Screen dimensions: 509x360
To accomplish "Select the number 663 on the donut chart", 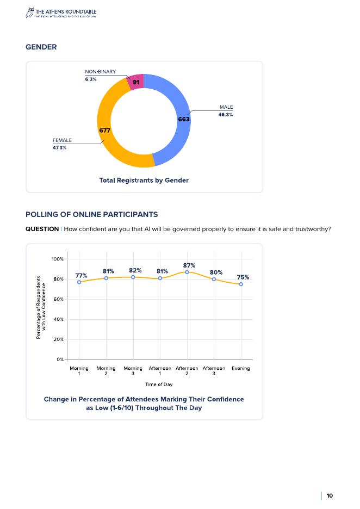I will pos(184,119).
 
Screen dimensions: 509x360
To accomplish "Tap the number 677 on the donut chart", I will pos(104,130).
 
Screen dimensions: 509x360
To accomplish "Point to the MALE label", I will pos(226,107).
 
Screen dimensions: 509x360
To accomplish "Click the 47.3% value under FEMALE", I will pos(59,148).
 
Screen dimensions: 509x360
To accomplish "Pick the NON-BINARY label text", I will pos(100,72).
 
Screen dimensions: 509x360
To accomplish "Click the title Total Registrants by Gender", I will pos(144,180).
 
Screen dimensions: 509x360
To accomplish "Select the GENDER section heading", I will pos(41,47).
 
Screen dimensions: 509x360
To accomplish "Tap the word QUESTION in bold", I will pos(42,229).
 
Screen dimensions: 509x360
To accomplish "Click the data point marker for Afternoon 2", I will pos(187,272).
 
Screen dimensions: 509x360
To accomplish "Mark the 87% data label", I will pos(189,265).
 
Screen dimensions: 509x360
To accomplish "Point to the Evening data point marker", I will pos(241,284).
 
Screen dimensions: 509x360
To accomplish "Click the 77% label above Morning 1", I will pos(82,275).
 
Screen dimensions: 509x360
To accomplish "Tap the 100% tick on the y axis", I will pos(57,259).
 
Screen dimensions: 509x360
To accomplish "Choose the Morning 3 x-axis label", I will pos(133,371).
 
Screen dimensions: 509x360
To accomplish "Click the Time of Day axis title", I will pos(159,384).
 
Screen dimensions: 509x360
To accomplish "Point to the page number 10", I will pos(330,495).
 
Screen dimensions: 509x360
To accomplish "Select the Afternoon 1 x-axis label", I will pos(160,371).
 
